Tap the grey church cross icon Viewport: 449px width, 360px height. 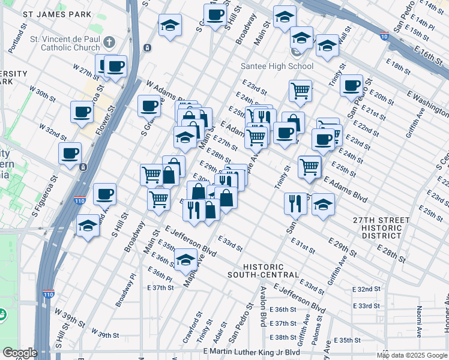pyautogui.click(x=109, y=42)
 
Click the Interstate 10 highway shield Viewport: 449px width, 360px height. pyautogui.click(x=384, y=36)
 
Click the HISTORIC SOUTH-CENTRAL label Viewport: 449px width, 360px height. pyautogui.click(x=263, y=271)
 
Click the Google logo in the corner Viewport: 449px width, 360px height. pyautogui.click(x=20, y=353)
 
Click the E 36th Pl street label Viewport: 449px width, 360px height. pyautogui.click(x=160, y=278)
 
